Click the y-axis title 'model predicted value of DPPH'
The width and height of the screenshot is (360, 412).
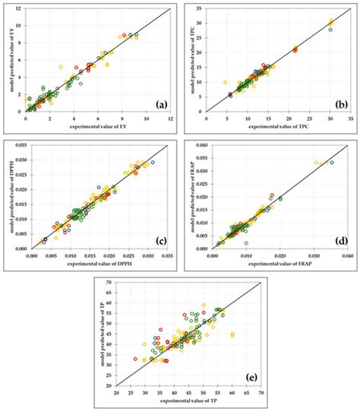point(7,195)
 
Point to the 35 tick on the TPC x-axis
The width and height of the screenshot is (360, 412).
point(350,118)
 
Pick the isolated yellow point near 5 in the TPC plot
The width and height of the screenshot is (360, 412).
point(225,82)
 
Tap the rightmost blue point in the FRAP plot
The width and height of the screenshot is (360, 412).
point(332,162)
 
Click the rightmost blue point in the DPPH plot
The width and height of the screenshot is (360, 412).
point(153,163)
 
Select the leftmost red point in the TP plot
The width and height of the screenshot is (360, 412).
point(135,359)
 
